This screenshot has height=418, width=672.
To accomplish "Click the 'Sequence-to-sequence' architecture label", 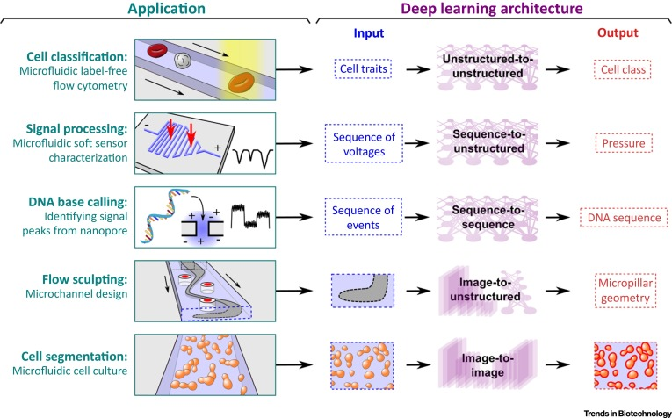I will pos(489,217).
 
